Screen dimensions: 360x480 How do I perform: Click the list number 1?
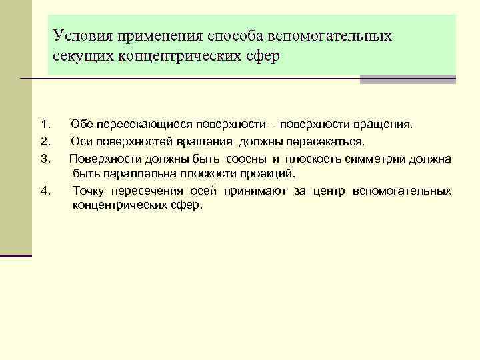[45, 124]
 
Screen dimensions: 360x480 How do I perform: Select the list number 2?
[45, 141]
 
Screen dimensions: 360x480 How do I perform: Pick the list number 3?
[45, 158]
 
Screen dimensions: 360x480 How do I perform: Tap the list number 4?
[45, 191]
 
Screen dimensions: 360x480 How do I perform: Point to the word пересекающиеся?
[142, 124]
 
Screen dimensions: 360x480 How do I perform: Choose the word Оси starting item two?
[81, 141]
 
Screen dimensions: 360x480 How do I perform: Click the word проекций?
[269, 174]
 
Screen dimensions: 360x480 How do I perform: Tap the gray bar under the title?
[407, 79]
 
